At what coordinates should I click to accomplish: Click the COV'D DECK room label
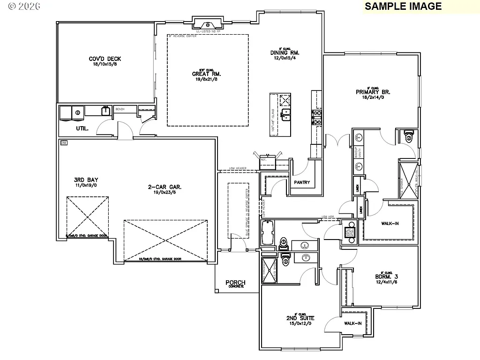click(105, 59)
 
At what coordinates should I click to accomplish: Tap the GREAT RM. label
click(206, 74)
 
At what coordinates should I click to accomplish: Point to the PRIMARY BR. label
click(373, 92)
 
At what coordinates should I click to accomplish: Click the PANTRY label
click(302, 182)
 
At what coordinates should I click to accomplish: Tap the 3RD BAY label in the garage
click(86, 180)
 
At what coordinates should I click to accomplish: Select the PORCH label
click(235, 283)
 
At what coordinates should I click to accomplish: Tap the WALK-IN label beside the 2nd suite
click(352, 323)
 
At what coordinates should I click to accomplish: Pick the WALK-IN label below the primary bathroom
click(389, 224)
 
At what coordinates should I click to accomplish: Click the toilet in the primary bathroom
click(408, 136)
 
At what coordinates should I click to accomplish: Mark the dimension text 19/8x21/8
click(206, 79)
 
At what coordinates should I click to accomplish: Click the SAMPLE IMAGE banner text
click(403, 6)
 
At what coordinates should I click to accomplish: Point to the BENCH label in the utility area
click(120, 109)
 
